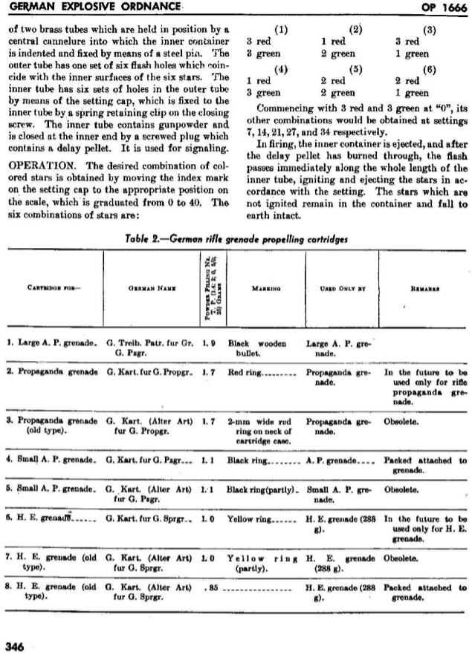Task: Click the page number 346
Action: click(15, 646)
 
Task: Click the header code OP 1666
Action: click(442, 7)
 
